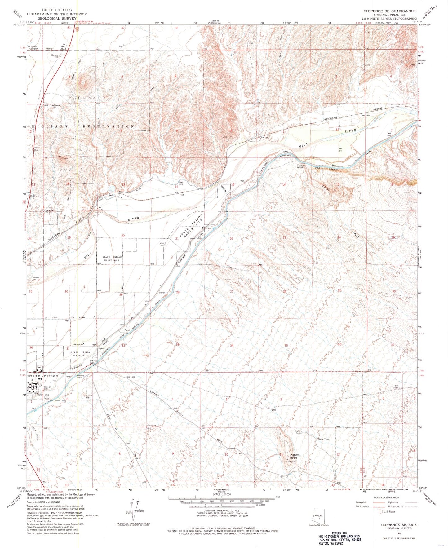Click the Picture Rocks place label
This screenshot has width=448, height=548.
[294, 456]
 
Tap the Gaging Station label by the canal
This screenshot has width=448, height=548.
[300, 166]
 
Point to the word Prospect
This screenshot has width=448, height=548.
[152, 425]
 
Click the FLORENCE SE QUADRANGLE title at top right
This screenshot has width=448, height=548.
[390, 11]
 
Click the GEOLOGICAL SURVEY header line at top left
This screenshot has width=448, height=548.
[57, 18]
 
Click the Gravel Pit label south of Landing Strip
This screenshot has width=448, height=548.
[89, 396]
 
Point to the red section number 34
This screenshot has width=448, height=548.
[231, 345]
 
